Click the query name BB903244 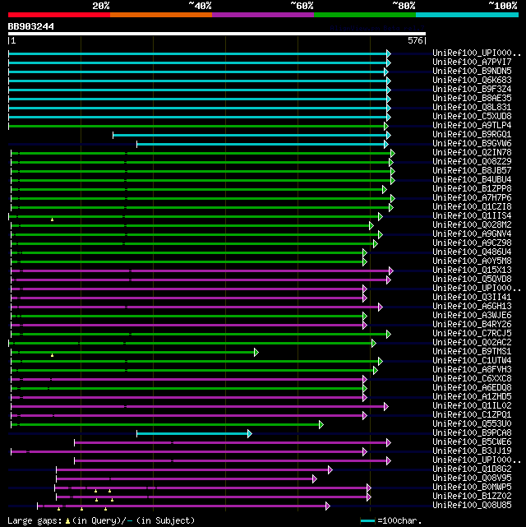pos(31,26)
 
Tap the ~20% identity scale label pos(101,6)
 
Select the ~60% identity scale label pos(302,6)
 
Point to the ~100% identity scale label pos(502,6)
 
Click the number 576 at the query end pos(415,40)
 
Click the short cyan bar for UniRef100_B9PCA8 pos(193,433)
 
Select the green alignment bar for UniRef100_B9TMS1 pos(131,352)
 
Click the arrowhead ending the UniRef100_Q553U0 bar pos(321,424)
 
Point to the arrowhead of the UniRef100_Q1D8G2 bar pos(330,469)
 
